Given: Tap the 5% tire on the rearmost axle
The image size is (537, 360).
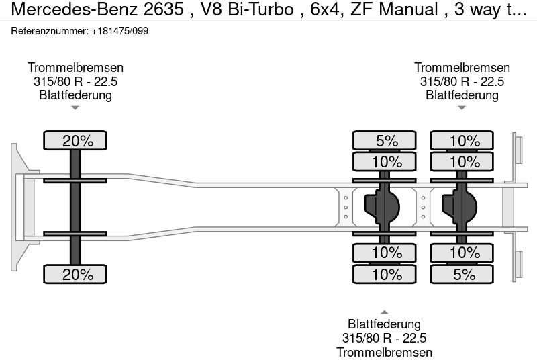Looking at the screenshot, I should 462,274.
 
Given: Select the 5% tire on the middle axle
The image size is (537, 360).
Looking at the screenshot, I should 385,141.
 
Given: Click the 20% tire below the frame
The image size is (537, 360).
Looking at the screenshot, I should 75,274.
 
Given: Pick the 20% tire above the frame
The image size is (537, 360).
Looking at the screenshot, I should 75,141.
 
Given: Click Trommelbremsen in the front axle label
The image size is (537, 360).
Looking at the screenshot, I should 75,68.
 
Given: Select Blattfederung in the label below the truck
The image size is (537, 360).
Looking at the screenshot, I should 384,325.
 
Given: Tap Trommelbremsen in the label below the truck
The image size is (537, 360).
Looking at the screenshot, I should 384,352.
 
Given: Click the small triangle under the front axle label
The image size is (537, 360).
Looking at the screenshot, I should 75,107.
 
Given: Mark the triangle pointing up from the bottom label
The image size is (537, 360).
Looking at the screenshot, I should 384,312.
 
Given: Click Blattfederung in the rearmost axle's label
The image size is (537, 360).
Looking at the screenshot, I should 462,95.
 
